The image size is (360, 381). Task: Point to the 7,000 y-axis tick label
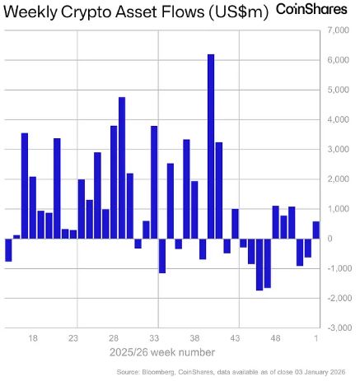(x=338, y=30)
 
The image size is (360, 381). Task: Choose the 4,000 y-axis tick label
(x=338, y=120)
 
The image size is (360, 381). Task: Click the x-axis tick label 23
(x=73, y=337)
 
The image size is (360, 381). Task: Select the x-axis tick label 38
(x=194, y=337)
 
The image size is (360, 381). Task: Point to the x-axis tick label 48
(x=275, y=337)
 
